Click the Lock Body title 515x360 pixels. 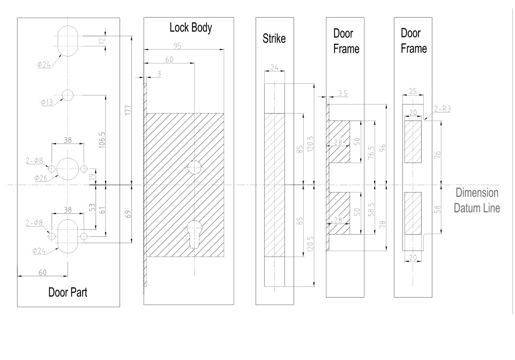click(191, 28)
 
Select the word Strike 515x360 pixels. click(274, 39)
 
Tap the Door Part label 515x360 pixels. click(68, 292)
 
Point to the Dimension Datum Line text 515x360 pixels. click(477, 201)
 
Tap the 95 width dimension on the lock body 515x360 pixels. click(177, 46)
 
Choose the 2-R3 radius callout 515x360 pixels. click(442, 109)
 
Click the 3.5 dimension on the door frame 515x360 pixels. click(342, 93)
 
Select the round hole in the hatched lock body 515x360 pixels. click(194, 167)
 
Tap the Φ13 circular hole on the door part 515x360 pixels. click(67, 95)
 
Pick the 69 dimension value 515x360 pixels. click(127, 214)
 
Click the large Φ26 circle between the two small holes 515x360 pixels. click(67, 169)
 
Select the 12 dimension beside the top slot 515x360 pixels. click(101, 41)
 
